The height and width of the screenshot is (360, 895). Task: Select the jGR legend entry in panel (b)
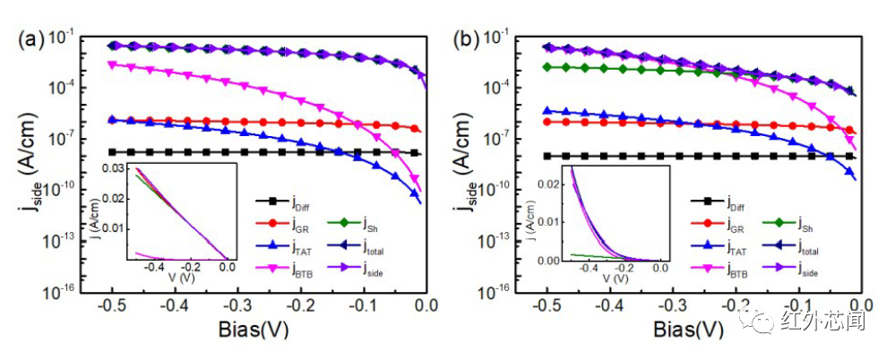(735, 224)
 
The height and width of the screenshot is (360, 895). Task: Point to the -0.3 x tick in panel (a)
(269, 307)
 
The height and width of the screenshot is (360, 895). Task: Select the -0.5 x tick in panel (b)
(547, 307)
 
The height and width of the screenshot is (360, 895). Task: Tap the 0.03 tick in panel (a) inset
(116, 168)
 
